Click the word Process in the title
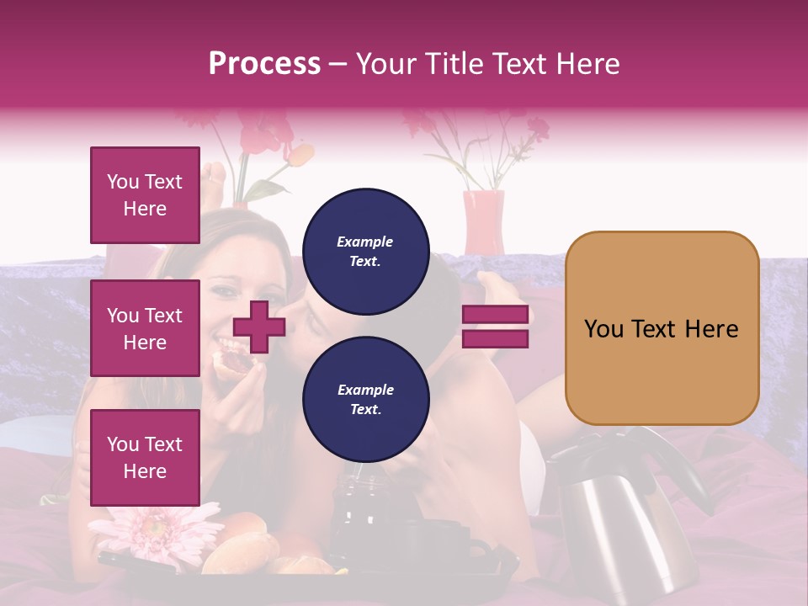point(264,64)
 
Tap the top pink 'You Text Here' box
point(145,195)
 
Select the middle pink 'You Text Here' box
point(145,328)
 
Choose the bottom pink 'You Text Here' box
point(145,457)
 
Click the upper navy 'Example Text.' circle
point(365,252)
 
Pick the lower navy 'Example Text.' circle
point(365,400)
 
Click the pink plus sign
point(258,327)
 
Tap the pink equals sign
point(495,327)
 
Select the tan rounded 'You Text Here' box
point(662,328)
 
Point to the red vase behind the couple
point(483,221)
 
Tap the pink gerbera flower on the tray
point(156,530)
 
